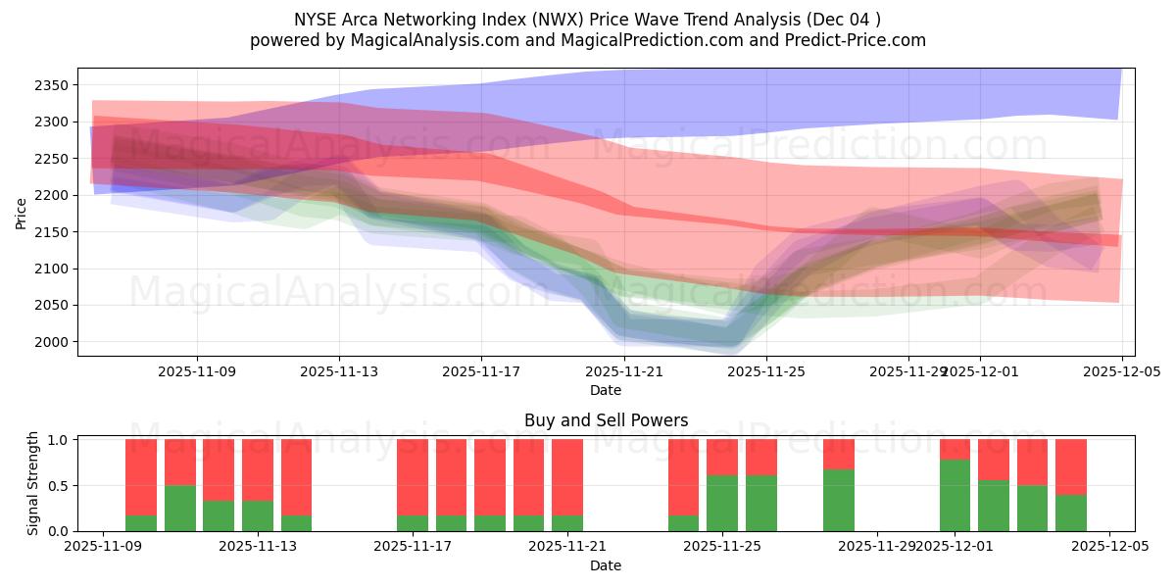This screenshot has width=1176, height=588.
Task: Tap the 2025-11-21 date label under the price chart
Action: (623, 371)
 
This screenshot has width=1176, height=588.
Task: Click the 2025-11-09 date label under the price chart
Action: (197, 371)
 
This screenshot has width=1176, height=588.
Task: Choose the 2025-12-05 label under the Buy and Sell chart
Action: (1108, 547)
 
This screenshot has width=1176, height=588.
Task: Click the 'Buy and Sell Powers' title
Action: (606, 420)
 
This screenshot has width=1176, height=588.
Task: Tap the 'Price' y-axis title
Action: (22, 213)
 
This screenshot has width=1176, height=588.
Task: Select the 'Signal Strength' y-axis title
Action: (33, 483)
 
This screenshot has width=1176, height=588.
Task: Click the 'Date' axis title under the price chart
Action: (606, 390)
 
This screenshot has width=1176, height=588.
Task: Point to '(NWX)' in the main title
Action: (537, 20)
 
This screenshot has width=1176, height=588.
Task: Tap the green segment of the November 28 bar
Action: (839, 500)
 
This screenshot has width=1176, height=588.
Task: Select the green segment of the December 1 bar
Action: (955, 495)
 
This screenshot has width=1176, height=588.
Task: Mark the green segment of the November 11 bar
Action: (219, 515)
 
